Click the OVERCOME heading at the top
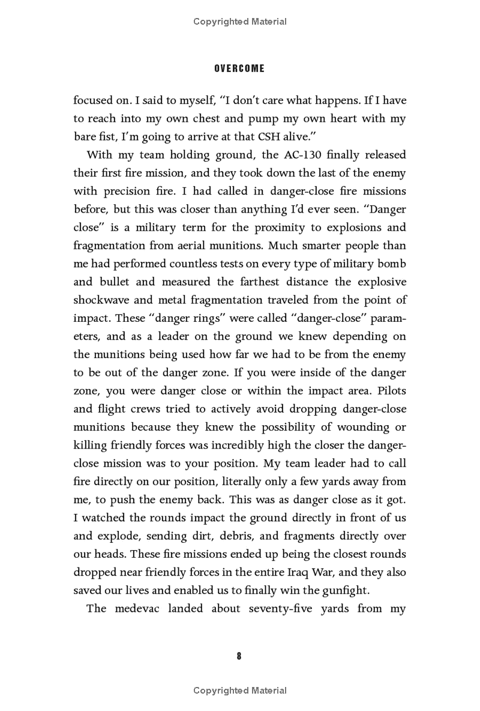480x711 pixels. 239,68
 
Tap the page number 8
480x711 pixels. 239,656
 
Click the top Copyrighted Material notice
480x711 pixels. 239,22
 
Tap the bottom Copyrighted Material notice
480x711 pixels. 239,691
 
